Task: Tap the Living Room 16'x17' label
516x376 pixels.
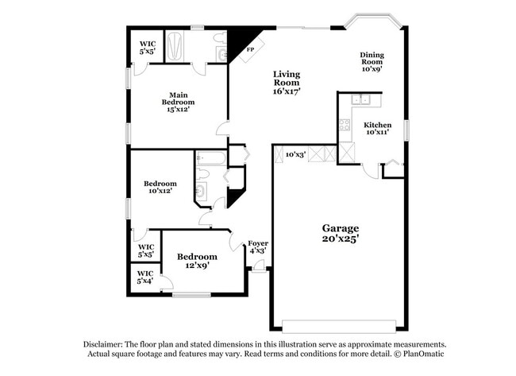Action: [x=287, y=83]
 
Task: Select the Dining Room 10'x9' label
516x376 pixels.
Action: [x=372, y=62]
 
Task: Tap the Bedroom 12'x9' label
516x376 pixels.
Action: [x=197, y=261]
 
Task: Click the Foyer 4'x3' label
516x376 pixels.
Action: [x=256, y=246]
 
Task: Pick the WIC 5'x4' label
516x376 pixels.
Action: [x=144, y=277]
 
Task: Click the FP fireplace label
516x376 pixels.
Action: [x=249, y=49]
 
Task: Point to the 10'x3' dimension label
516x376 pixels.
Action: [x=295, y=154]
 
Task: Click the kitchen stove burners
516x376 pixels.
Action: [x=345, y=125]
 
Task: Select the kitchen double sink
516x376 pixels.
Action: [x=362, y=99]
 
